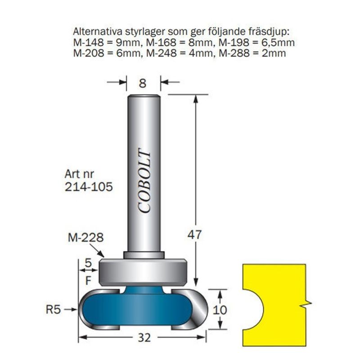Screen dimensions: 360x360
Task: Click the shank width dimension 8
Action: tap(142, 83)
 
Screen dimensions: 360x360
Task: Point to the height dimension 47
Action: tap(194, 234)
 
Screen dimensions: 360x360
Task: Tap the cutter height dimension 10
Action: tap(220, 310)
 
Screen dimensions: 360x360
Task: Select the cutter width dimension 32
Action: tap(144, 337)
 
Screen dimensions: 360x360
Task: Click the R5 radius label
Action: tap(53, 310)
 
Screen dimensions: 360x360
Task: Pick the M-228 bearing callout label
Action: tap(85, 238)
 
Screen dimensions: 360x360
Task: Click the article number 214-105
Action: tap(89, 187)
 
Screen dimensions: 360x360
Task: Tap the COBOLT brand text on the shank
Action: tap(144, 181)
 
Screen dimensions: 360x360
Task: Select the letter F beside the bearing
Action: tap(88, 280)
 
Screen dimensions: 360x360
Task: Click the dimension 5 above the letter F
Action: tap(88, 263)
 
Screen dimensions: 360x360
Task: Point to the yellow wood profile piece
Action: tap(275, 305)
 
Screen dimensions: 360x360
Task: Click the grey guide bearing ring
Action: tap(143, 273)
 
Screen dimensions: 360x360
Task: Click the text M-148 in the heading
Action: tap(88, 42)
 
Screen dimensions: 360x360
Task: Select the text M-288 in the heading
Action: tap(234, 53)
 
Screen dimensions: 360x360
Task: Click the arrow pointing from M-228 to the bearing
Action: tap(97, 251)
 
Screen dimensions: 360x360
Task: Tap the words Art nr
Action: tap(79, 174)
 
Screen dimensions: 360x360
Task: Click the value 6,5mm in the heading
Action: tap(277, 42)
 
